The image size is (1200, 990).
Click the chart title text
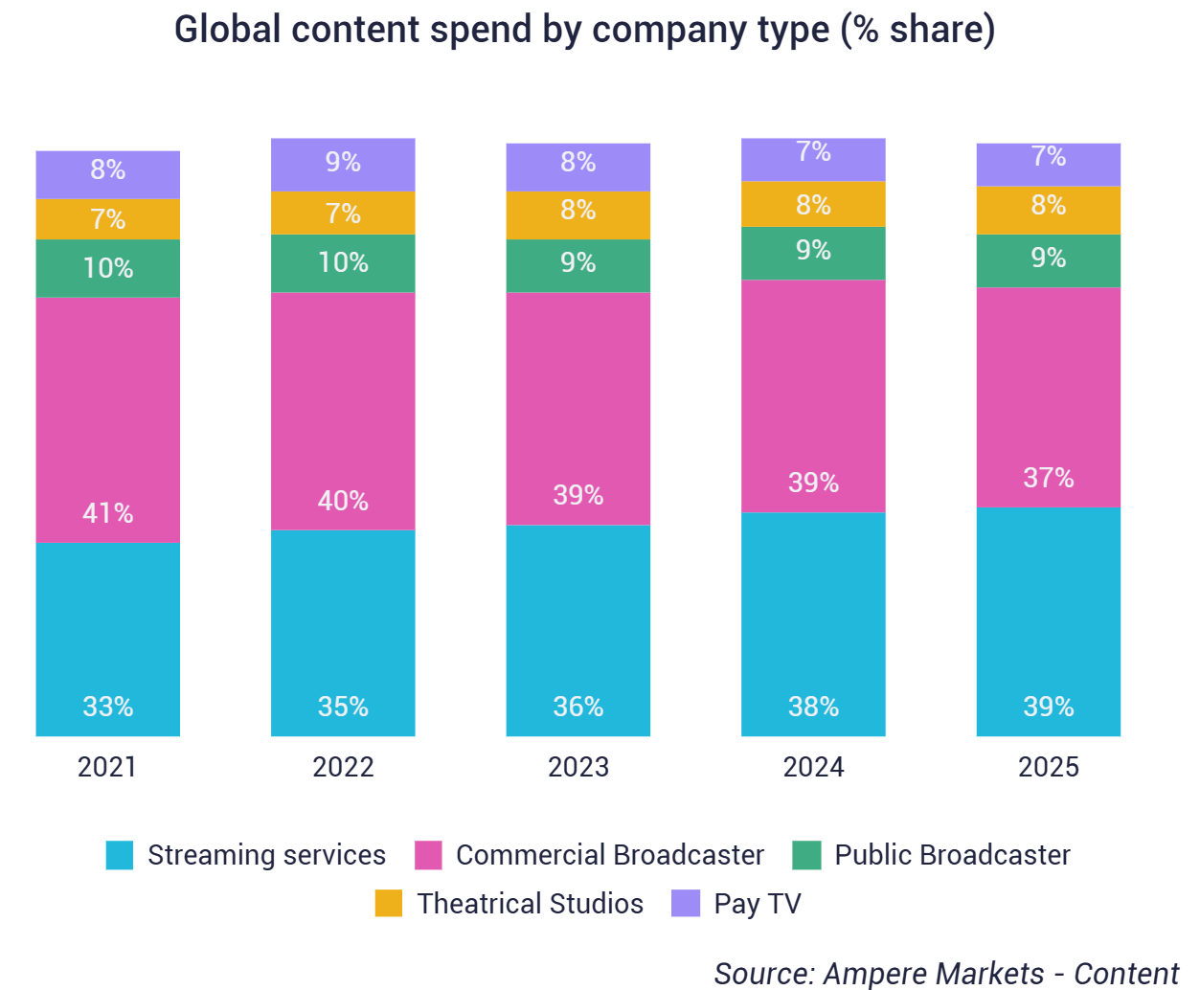[x=584, y=30]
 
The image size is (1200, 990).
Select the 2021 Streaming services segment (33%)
[x=107, y=639]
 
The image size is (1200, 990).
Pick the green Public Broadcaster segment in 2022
[x=343, y=262]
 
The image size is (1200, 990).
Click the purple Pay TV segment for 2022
[x=343, y=164]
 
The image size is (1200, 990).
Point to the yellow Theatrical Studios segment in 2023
[x=577, y=214]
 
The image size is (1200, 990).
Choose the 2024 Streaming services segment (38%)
[x=813, y=623]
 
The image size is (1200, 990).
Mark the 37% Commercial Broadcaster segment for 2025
[x=1048, y=396]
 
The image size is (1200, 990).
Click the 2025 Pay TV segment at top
[x=1048, y=164]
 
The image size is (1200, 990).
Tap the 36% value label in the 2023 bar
[x=577, y=707]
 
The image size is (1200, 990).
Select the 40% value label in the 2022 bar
[x=343, y=501]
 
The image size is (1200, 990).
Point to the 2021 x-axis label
[x=107, y=767]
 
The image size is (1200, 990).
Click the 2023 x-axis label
[x=577, y=767]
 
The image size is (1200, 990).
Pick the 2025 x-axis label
[x=1048, y=767]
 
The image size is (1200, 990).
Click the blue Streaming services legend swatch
[x=120, y=855]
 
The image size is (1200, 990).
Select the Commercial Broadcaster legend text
[x=609, y=855]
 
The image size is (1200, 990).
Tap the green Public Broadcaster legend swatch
[x=806, y=855]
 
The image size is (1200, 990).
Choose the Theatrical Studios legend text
[x=530, y=904]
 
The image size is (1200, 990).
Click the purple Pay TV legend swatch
[x=686, y=903]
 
